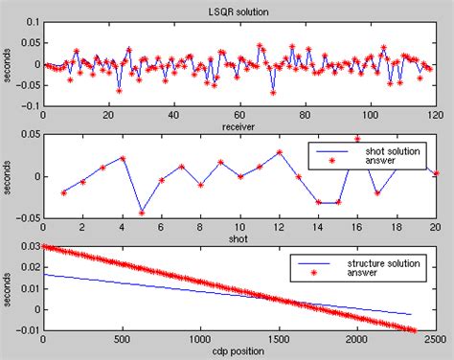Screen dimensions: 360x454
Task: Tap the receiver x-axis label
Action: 238,126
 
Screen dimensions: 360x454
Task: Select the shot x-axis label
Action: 238,236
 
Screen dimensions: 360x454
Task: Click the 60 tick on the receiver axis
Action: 238,116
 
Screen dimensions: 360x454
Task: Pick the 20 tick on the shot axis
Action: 434,227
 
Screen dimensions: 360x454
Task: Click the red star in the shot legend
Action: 330,162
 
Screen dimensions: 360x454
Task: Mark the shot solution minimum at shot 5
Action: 142,212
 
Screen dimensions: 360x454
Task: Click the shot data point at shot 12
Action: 279,151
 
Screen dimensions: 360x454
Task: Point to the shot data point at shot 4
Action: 123,158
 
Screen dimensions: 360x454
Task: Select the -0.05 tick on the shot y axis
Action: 28,216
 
